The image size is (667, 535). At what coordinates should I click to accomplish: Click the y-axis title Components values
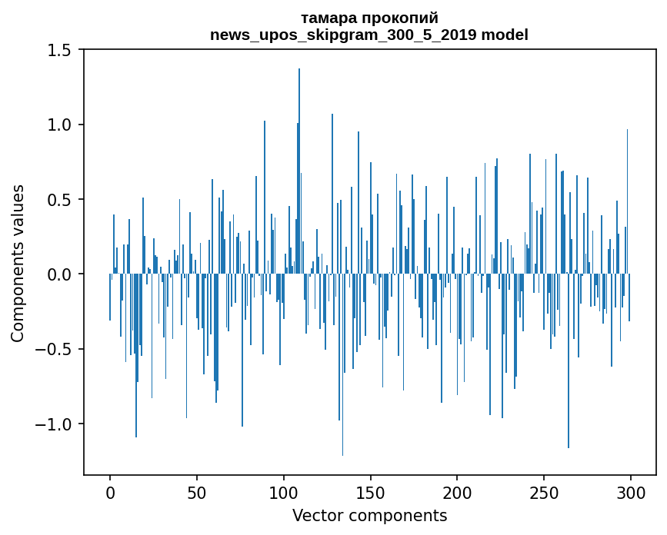[18, 263]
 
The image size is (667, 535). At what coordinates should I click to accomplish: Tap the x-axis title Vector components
[369, 515]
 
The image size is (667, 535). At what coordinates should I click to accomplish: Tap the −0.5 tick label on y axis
[55, 350]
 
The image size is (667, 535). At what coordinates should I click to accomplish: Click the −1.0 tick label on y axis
[55, 424]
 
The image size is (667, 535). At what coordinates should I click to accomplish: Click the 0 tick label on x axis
[110, 492]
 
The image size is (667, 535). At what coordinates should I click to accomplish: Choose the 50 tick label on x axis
[197, 492]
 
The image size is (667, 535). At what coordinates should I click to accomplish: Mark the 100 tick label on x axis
[284, 492]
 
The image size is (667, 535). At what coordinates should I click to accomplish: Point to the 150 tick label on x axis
[370, 492]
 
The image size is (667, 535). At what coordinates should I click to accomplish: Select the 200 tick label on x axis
[457, 492]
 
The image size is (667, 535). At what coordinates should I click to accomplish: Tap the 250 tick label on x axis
[544, 492]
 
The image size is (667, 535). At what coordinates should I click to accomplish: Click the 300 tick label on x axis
[631, 492]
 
